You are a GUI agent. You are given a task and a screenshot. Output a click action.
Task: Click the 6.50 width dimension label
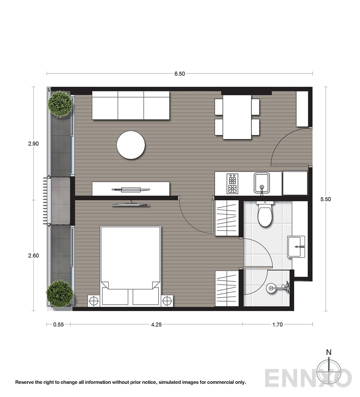180,74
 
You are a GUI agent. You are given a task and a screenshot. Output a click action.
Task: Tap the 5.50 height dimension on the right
326,199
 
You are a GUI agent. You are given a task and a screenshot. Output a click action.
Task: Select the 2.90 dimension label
33,144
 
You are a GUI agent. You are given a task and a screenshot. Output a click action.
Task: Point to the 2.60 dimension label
33,256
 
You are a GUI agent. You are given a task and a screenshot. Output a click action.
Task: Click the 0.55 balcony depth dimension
58,324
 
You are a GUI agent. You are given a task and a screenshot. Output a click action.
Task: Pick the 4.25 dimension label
156,324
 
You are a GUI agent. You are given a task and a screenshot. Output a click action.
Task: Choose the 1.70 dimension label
277,324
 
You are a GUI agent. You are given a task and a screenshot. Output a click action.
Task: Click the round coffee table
131,145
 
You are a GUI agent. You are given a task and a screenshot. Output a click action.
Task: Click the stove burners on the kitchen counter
232,184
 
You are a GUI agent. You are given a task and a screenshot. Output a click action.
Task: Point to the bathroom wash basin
296,247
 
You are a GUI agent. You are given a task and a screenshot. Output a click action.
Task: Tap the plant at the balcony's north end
60,104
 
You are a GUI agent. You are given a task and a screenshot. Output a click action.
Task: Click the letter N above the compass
328,352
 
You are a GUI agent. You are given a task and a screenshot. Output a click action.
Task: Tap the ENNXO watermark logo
308,378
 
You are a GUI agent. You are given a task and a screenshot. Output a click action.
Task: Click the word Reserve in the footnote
25,382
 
